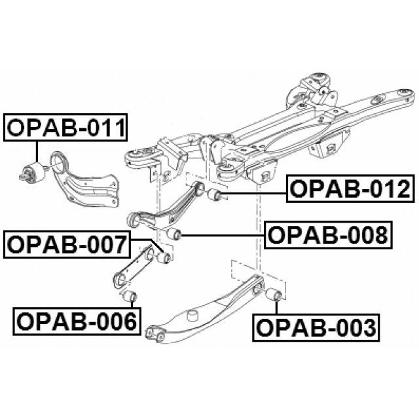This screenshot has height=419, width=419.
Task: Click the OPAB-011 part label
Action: (65, 128)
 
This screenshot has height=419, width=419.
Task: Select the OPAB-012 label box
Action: (350, 189)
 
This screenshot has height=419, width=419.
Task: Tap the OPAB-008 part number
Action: (328, 235)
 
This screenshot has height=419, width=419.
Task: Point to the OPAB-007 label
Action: (67, 246)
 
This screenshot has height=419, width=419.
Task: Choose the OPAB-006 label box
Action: (77, 321)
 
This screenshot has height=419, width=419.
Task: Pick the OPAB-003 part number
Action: (316, 327)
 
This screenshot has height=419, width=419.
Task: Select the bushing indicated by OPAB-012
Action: (215, 195)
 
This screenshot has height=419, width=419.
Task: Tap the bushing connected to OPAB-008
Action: (173, 234)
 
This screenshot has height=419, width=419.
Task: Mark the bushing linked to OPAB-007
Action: (163, 257)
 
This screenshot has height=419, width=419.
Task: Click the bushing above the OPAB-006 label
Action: (130, 295)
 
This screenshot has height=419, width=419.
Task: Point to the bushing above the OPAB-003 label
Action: (274, 294)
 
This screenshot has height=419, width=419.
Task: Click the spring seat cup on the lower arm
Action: (193, 316)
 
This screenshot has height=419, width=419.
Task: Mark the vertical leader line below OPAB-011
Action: (37, 151)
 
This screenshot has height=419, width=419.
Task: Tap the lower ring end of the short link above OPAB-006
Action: (120, 280)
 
